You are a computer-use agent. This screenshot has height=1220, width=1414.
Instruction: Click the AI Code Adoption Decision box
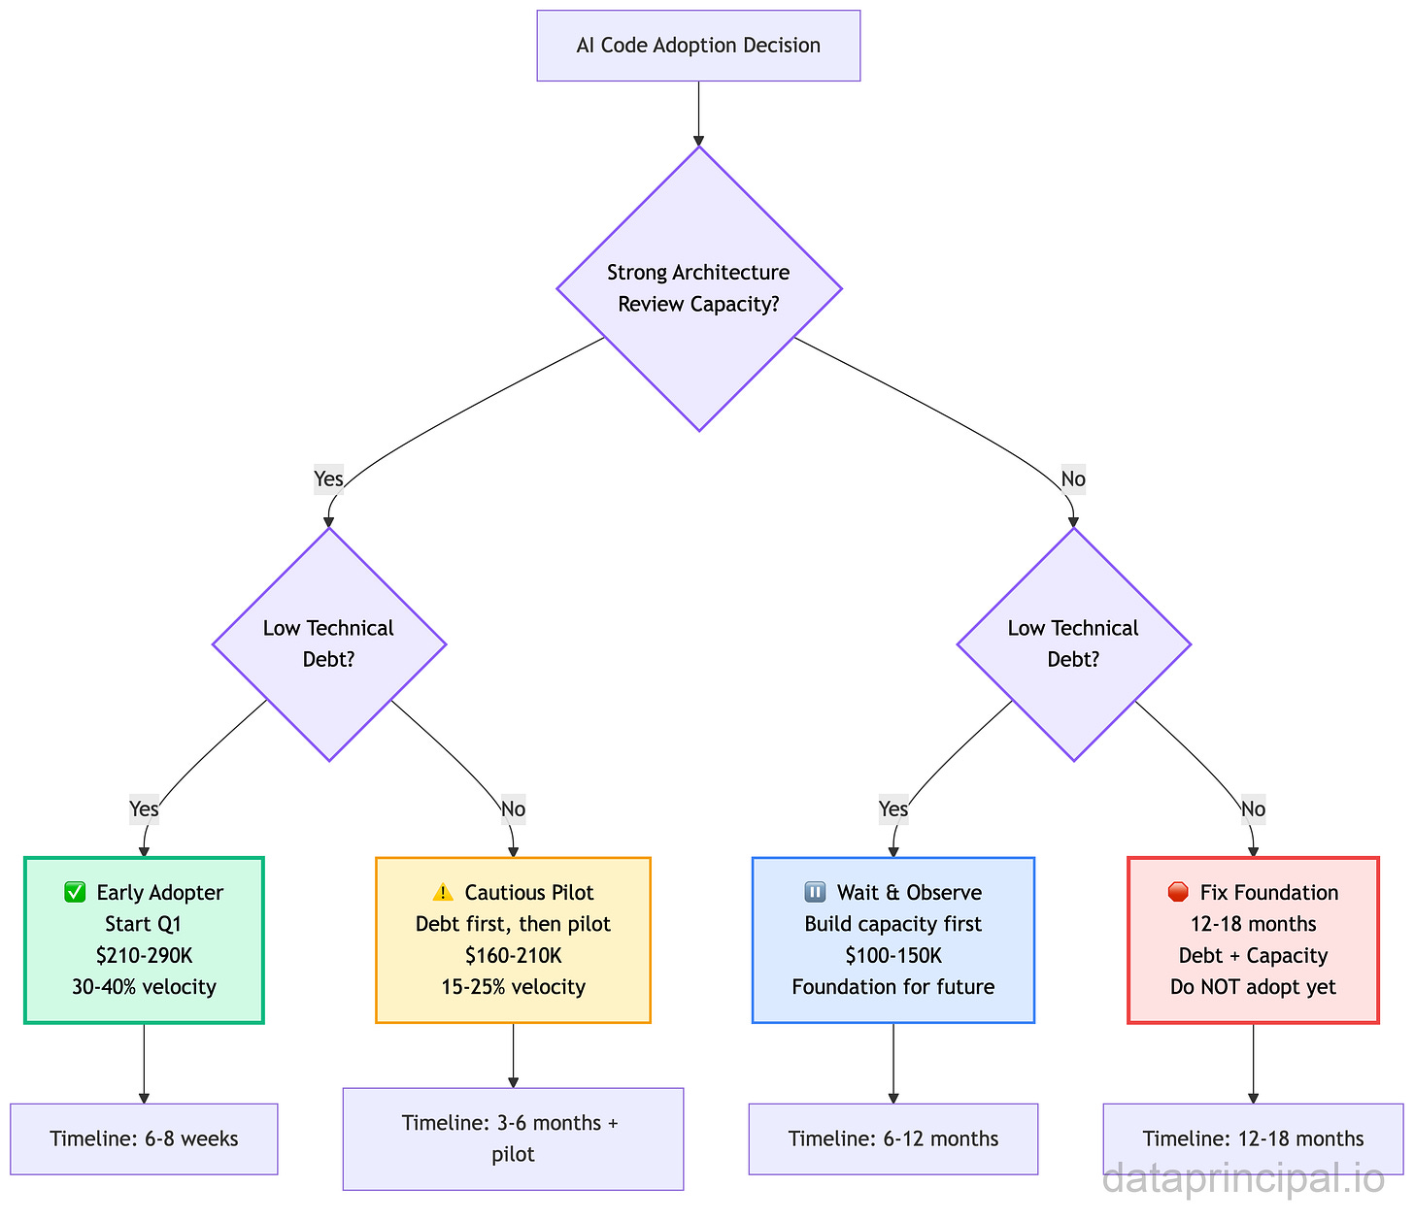pos(698,46)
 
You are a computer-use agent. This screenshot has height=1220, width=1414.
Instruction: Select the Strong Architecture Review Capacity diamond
pos(698,288)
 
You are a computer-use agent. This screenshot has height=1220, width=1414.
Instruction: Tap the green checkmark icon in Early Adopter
pos(75,893)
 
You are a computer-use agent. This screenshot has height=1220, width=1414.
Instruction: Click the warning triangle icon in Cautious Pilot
pos(443,893)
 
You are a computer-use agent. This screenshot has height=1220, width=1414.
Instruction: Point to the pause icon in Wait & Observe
pos(816,893)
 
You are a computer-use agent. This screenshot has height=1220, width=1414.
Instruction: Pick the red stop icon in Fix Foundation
pos(1178,893)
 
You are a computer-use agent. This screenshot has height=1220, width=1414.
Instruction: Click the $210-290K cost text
pos(144,956)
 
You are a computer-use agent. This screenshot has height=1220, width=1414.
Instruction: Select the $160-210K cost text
pos(513,956)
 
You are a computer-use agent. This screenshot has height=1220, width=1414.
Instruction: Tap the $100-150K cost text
pos(893,956)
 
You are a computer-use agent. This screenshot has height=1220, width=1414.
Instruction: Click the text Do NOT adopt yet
pos(1253,987)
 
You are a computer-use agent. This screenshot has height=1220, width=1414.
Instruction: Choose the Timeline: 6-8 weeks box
pos(144,1138)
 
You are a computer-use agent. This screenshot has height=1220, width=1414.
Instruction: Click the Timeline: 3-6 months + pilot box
pos(513,1138)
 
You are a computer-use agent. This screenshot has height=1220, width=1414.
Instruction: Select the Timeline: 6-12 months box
pos(893,1138)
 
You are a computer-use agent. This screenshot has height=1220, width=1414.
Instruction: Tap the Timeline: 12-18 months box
pos(1253,1138)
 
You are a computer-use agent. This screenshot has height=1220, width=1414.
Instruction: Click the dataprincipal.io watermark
pos(1244,1180)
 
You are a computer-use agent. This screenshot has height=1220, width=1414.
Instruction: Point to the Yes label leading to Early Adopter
pos(144,808)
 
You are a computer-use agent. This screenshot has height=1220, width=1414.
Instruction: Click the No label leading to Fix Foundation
pos(1253,808)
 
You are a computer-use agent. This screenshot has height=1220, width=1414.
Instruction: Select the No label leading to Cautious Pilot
pos(513,808)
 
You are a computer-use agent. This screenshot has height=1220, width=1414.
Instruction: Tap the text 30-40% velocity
pos(144,987)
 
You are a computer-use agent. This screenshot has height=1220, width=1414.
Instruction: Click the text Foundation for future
pos(893,987)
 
